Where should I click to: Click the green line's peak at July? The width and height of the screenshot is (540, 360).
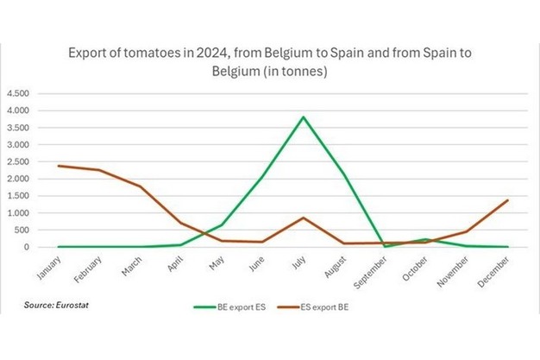(302, 117)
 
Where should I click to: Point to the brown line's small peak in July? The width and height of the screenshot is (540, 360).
(302, 218)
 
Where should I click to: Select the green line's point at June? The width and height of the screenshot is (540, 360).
(261, 177)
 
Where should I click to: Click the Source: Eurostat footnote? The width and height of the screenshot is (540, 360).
(53, 306)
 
